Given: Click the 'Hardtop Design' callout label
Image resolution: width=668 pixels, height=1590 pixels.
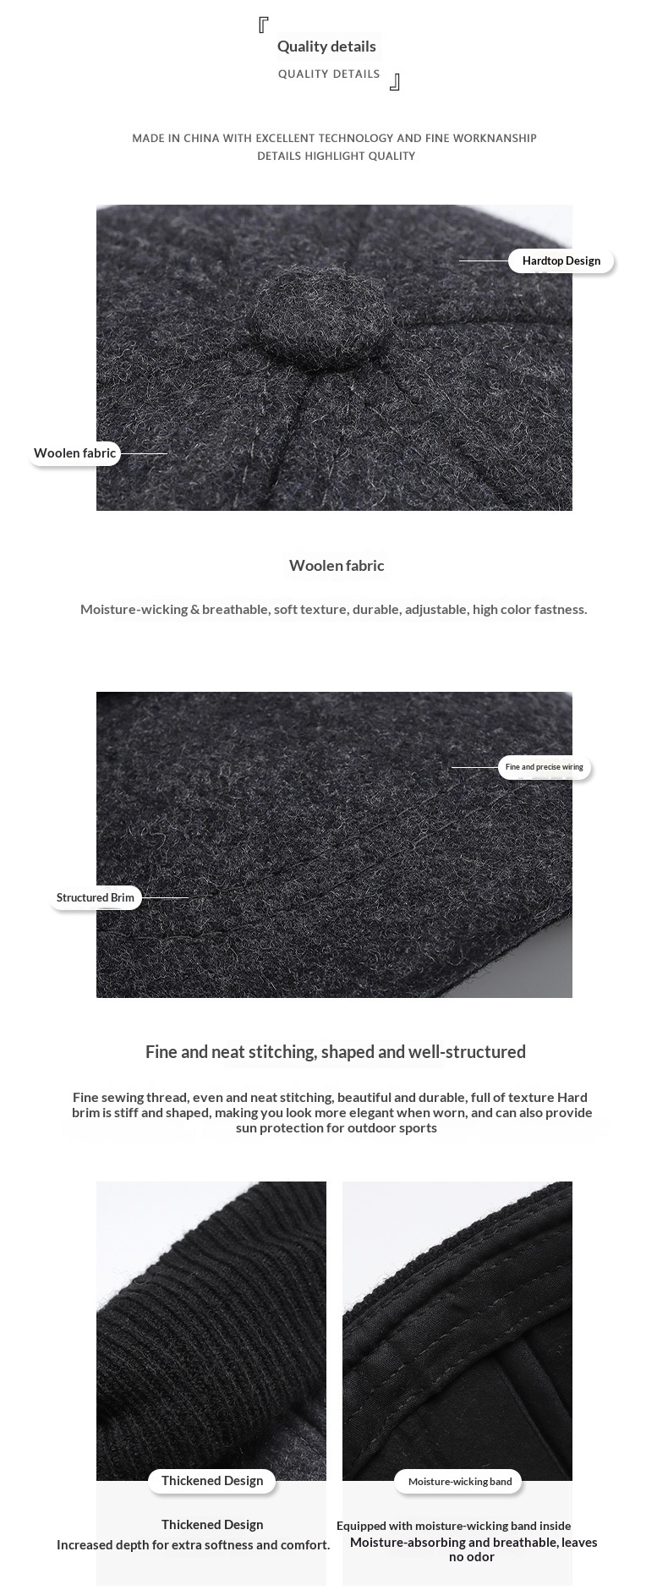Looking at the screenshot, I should coord(561,260).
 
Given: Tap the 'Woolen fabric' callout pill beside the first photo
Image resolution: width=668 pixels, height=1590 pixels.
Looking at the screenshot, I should coord(74,453).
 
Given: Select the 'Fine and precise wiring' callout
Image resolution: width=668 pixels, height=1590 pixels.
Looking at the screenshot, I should coord(544,767).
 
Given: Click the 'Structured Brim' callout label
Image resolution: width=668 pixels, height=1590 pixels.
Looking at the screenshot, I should coord(96,897).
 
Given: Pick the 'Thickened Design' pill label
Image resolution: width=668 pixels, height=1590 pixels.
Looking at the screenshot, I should coord(212,1480).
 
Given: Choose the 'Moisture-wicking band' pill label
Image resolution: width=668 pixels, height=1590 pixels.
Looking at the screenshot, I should coord(459,1481).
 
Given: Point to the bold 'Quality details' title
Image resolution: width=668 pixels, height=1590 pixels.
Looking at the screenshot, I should coord(326,47).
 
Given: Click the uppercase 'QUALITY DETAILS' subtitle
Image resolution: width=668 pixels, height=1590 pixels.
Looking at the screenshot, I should coord(329,74).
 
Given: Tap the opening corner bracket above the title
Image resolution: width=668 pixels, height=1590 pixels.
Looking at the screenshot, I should coord(263,25).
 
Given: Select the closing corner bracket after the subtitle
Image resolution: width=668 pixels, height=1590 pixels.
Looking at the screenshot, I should coord(394,82).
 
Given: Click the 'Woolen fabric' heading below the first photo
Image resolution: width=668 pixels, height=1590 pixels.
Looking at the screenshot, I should coord(337,566).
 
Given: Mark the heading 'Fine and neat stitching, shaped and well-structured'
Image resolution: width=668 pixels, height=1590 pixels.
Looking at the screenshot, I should coord(336,1051).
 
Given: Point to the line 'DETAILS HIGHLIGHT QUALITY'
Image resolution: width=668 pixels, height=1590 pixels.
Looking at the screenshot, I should coord(336,156).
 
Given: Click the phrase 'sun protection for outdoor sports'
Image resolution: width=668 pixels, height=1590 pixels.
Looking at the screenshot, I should coord(337,1127).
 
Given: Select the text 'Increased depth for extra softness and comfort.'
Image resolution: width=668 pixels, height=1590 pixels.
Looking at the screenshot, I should coord(194,1544).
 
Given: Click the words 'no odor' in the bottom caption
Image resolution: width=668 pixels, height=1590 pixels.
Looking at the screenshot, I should coord(472,1556).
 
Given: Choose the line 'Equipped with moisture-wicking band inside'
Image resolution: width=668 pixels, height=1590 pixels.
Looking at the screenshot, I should coord(453,1526).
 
